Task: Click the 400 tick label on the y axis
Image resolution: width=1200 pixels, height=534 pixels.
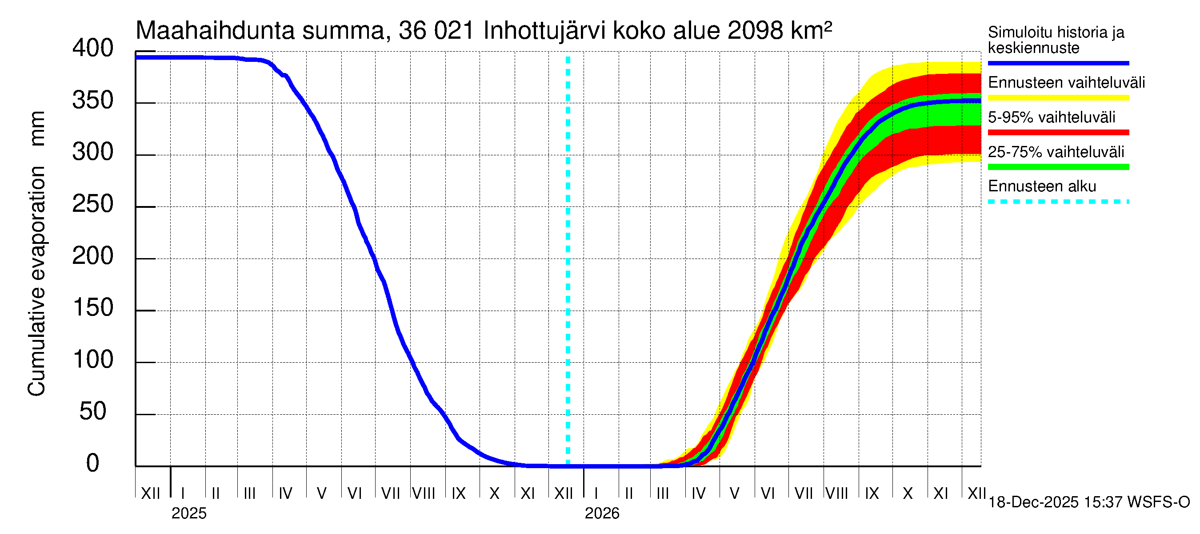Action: pyautogui.click(x=93, y=49)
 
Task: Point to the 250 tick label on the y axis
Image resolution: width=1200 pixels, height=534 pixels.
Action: pyautogui.click(x=93, y=204)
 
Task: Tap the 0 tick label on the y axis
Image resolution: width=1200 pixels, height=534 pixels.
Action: pyautogui.click(x=93, y=464)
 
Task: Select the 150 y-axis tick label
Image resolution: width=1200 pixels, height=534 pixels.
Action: pyautogui.click(x=93, y=308)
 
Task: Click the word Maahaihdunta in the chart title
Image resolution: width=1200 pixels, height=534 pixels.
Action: pyautogui.click(x=215, y=31)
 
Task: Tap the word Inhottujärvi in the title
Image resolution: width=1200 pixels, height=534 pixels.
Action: pyautogui.click(x=544, y=31)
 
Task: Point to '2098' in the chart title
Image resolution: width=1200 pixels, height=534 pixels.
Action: pyautogui.click(x=755, y=31)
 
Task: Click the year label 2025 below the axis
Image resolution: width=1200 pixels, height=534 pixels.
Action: pyautogui.click(x=188, y=514)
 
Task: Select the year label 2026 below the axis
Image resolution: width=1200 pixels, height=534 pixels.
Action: pyautogui.click(x=602, y=514)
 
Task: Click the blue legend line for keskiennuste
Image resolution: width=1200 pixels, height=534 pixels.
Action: pyautogui.click(x=1058, y=63)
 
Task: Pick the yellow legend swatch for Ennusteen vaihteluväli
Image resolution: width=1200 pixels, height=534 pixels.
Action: pyautogui.click(x=1058, y=98)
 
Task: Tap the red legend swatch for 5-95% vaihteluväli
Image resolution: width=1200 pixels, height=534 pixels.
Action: pyautogui.click(x=1058, y=133)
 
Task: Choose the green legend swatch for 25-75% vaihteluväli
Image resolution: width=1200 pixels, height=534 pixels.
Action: pyautogui.click(x=1058, y=167)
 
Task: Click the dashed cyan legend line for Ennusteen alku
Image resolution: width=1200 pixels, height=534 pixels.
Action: pyautogui.click(x=1058, y=202)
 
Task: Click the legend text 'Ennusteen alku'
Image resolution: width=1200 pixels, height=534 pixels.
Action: pyautogui.click(x=1042, y=186)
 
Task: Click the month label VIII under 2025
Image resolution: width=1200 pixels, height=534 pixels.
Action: pyautogui.click(x=424, y=494)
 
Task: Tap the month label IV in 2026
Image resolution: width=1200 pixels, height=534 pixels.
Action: pyautogui.click(x=698, y=494)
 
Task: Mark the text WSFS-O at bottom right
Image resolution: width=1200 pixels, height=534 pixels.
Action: pyautogui.click(x=1159, y=502)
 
